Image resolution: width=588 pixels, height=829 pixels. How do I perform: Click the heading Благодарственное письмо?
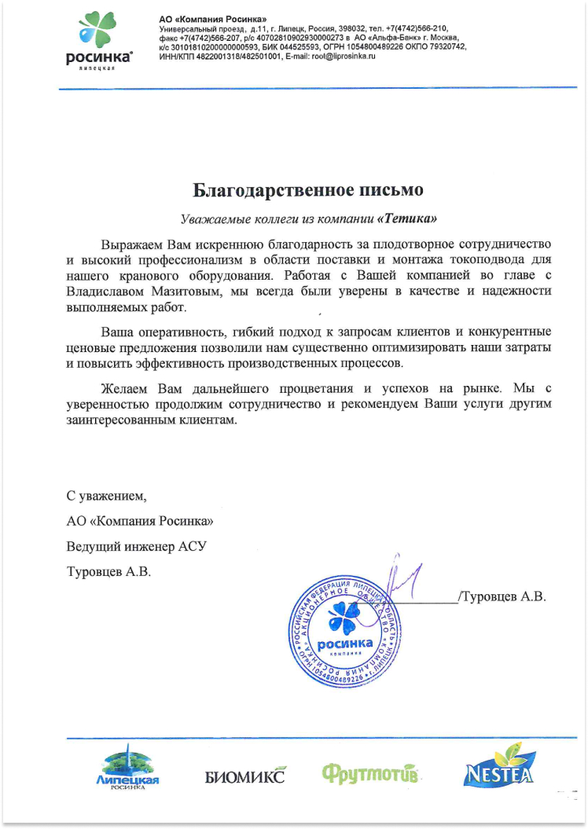point(309,190)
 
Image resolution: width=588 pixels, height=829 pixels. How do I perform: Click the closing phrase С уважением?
point(107,496)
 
